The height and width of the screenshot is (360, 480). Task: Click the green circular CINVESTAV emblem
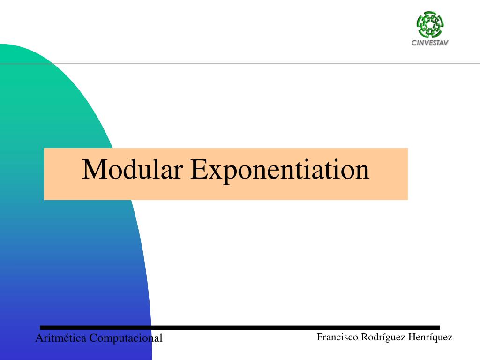click(430, 24)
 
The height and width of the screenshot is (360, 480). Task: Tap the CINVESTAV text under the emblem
click(430, 43)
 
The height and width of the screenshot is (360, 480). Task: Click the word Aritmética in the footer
click(61, 338)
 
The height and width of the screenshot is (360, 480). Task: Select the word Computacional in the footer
click(126, 338)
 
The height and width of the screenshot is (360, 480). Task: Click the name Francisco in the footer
click(337, 337)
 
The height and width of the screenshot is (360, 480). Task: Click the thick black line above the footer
click(240, 328)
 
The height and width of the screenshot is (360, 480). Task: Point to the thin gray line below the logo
click(240, 64)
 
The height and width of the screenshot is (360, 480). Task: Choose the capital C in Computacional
click(93, 338)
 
